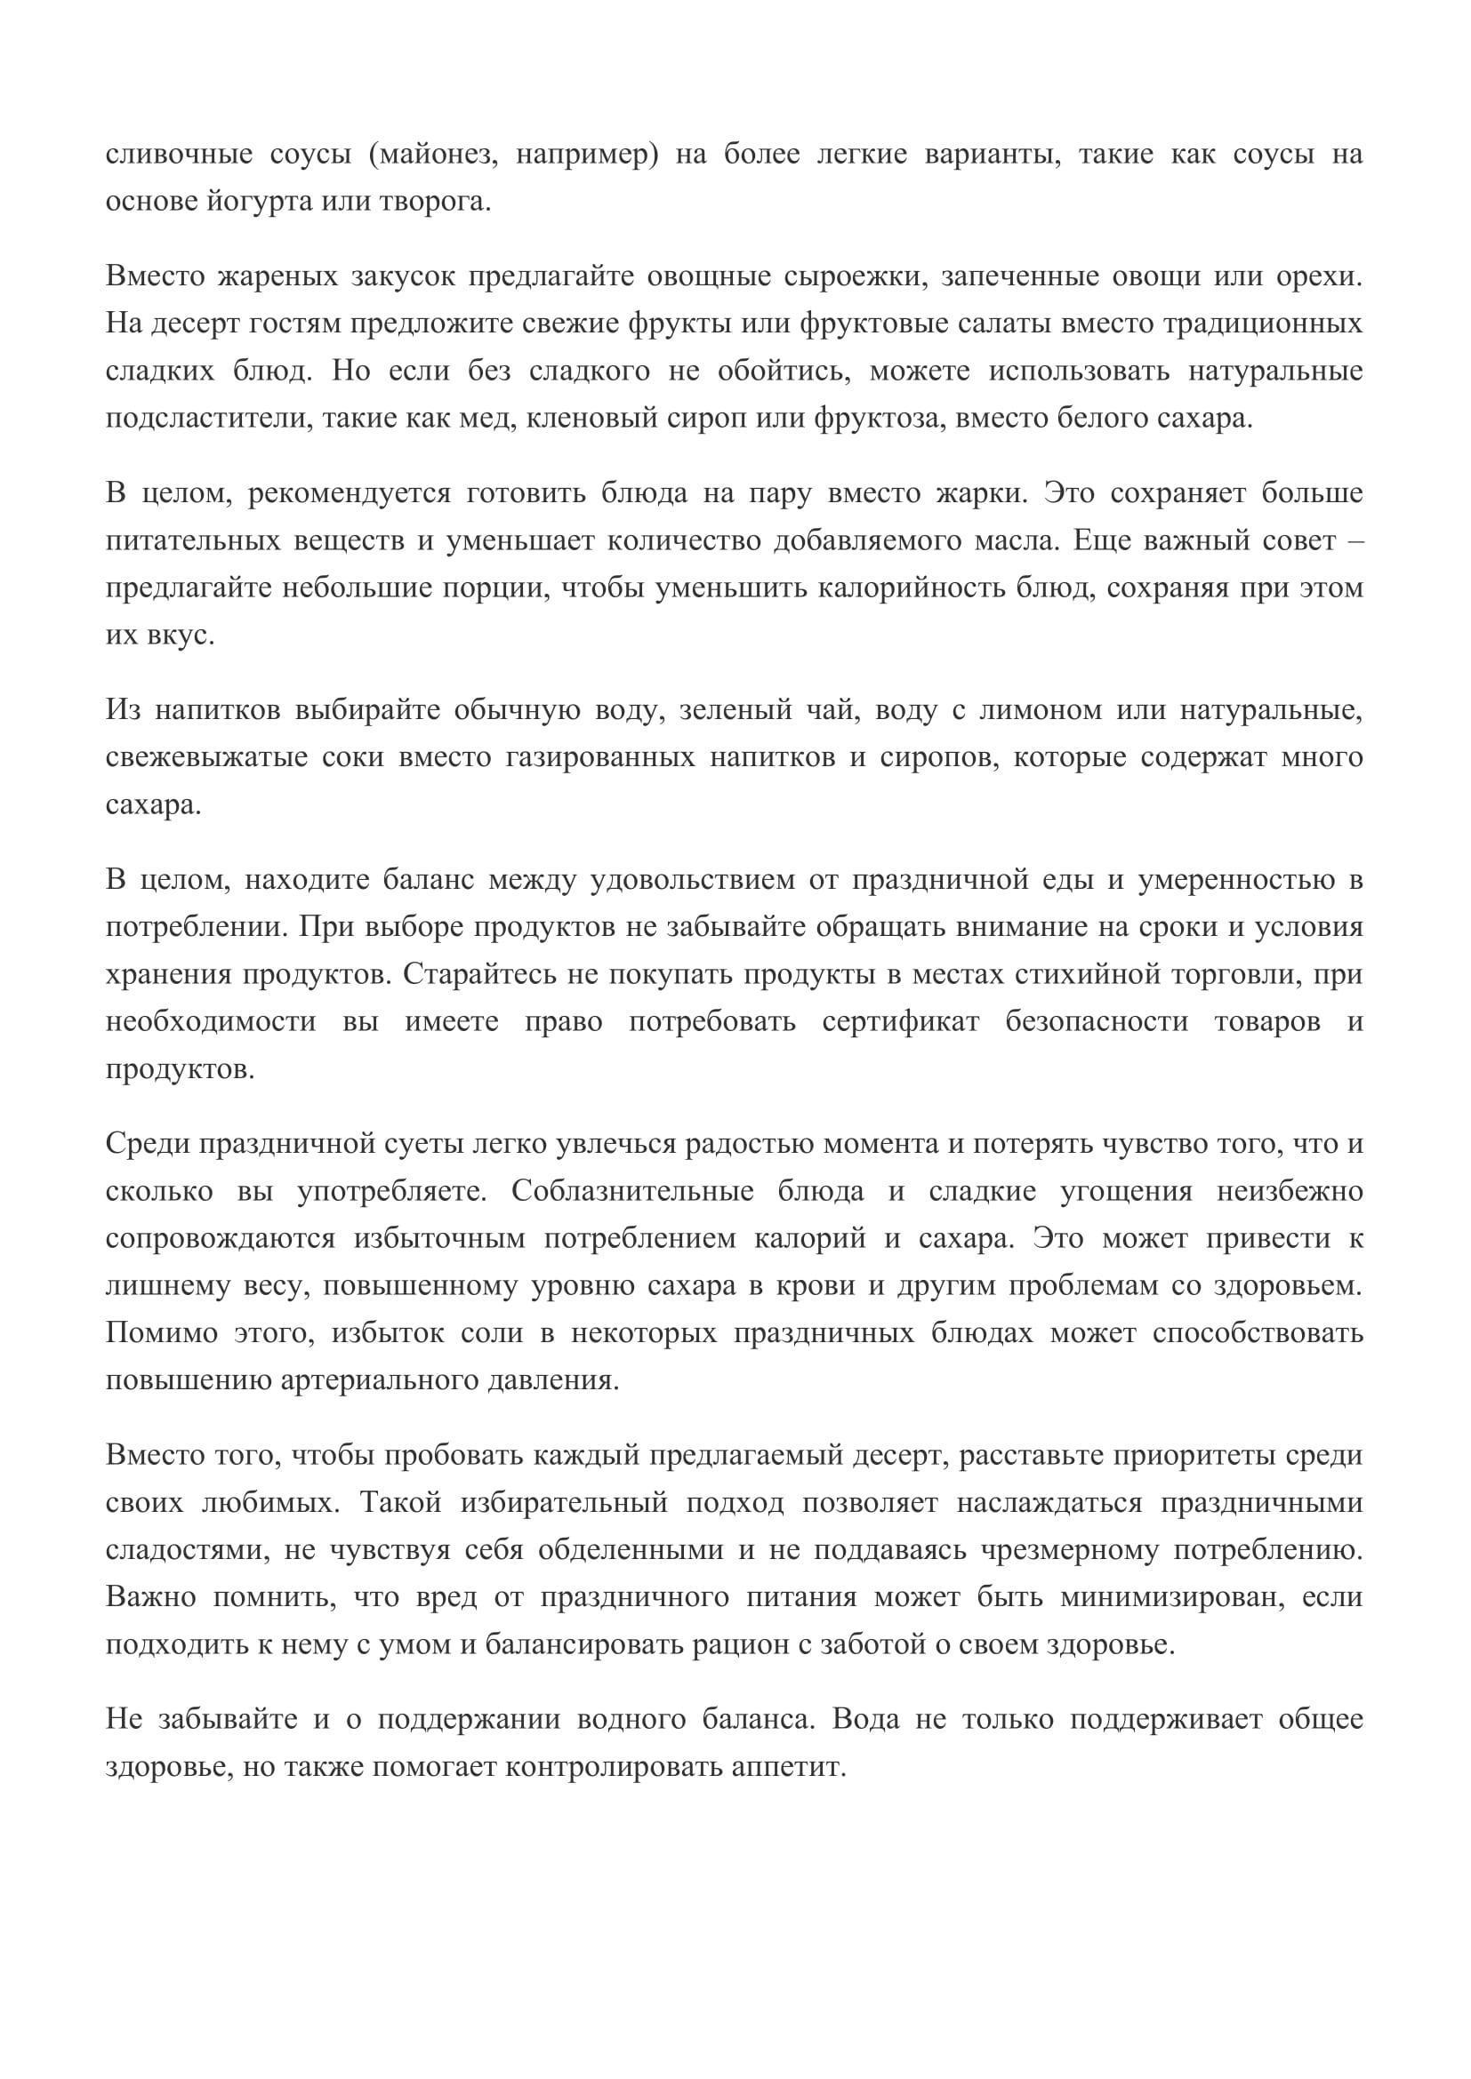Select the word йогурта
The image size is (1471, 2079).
[x=256, y=201]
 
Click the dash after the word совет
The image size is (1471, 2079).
[x=1357, y=540]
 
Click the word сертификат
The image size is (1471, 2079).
[x=900, y=1021]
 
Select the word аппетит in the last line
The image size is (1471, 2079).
[x=786, y=1767]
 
